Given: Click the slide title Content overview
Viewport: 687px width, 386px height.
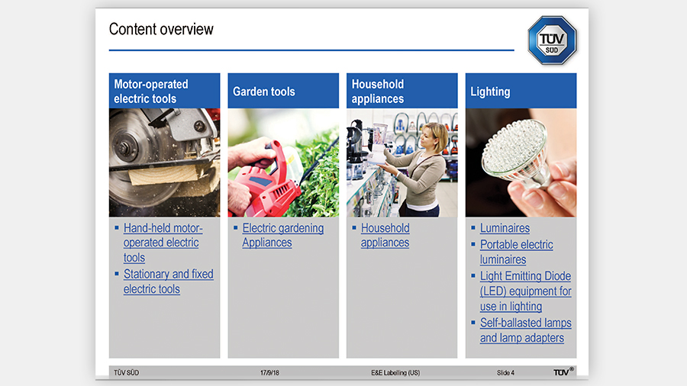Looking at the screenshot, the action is pyautogui.click(x=161, y=29).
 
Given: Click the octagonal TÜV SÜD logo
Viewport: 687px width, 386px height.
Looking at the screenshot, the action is pyautogui.click(x=552, y=40).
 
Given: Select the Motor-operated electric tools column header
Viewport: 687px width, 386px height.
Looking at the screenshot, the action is pyautogui.click(x=164, y=91).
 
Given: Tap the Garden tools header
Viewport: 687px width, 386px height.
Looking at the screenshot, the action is pyautogui.click(x=283, y=91).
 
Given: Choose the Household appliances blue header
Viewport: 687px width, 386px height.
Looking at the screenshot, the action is pyautogui.click(x=402, y=91).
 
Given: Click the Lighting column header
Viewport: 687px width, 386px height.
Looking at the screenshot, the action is pyautogui.click(x=521, y=91).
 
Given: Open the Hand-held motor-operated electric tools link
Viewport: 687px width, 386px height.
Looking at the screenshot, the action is pyautogui.click(x=163, y=243).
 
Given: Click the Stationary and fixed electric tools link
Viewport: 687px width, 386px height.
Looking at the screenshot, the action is pyautogui.click(x=168, y=281).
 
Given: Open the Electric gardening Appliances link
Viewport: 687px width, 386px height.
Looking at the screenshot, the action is pyautogui.click(x=283, y=235).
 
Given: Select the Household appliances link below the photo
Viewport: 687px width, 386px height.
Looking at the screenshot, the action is pyautogui.click(x=385, y=235).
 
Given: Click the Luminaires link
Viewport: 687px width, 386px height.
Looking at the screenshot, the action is pyautogui.click(x=505, y=228).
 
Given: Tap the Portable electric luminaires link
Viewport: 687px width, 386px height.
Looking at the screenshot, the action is pyautogui.click(x=516, y=252).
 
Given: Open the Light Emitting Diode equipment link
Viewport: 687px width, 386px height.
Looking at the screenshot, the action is pyautogui.click(x=525, y=291).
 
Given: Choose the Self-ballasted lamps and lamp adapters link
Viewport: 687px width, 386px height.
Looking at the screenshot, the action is pyautogui.click(x=525, y=330).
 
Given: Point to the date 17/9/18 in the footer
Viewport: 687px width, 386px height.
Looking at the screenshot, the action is pyautogui.click(x=269, y=373).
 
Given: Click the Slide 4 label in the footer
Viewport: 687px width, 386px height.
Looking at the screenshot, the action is pyautogui.click(x=505, y=373).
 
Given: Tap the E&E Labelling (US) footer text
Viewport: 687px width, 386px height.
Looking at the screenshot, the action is pyautogui.click(x=395, y=373).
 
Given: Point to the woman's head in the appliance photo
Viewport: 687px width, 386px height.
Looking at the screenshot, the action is pyautogui.click(x=434, y=137).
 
